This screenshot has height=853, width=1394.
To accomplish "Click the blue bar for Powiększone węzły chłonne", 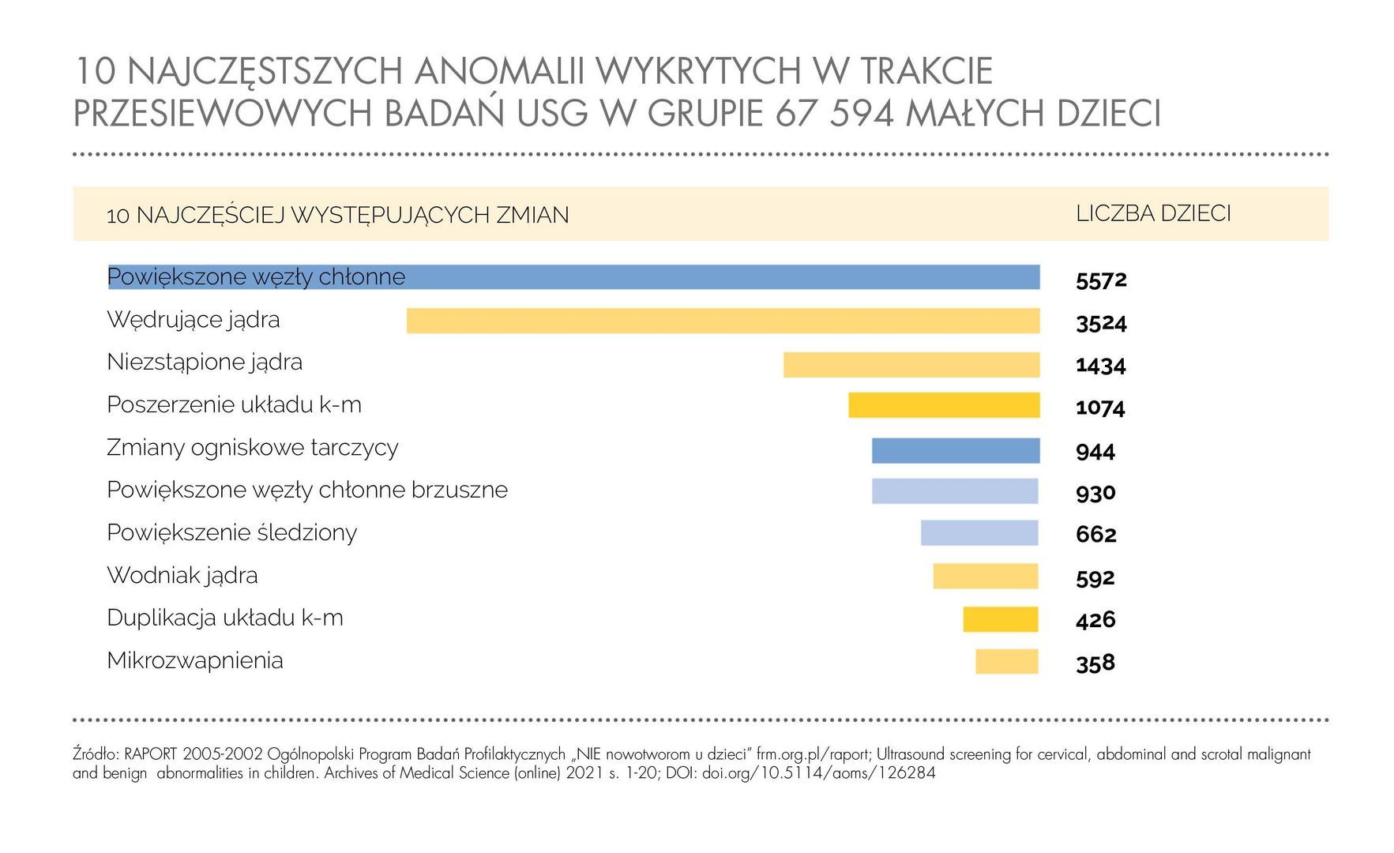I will coord(711,277).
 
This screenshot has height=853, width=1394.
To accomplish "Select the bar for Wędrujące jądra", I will coord(723,321).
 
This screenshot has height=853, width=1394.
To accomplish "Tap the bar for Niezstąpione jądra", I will coord(911,364).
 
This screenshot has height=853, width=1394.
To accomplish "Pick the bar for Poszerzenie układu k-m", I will coord(944,405).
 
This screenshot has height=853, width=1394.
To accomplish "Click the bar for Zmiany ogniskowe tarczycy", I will coord(956,450).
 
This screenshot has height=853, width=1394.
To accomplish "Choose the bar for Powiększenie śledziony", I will coord(979,533).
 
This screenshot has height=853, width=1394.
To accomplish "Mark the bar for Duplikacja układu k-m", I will coord(1000,619).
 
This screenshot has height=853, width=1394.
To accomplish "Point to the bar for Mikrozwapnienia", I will coord(1006,661).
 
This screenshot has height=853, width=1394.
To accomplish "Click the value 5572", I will coord(1101,280).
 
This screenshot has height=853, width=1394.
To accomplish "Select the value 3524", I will coord(1101,323).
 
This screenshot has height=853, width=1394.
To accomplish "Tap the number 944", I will coord(1095,452).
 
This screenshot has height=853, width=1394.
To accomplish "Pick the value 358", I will coord(1095,663).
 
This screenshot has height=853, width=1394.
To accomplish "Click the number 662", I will coord(1096,535).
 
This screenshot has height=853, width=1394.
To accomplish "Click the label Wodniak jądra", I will coord(182,576).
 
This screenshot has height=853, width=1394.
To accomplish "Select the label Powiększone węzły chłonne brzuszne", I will coord(307,490).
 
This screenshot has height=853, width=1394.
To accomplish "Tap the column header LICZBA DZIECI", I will coord(1153,214).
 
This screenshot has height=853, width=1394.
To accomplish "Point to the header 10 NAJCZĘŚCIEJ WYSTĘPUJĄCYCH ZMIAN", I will coord(337,215).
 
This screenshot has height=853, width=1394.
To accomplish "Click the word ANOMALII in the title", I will coord(499,72).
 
